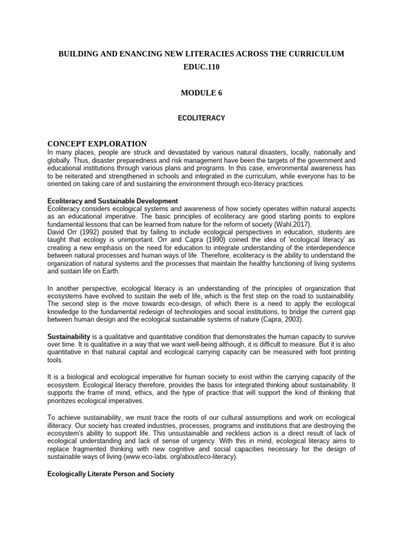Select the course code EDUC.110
(201, 69)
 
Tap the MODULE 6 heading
(201, 93)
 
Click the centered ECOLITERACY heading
(201, 119)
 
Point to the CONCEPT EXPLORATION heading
(97, 144)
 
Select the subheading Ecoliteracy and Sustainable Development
(113, 201)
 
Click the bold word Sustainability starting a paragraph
(69, 335)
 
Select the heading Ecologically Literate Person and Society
(111, 474)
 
